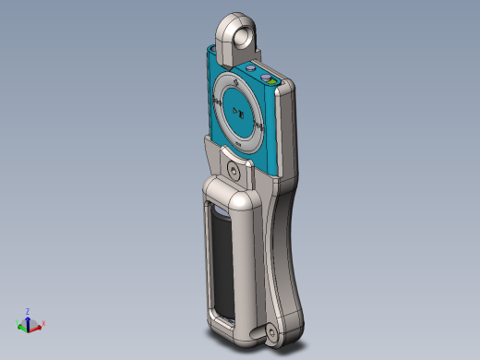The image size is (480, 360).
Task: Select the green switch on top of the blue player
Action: click(x=273, y=81)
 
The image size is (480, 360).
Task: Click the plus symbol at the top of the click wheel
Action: click(x=238, y=86)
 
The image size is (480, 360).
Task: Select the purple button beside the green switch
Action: click(x=264, y=78)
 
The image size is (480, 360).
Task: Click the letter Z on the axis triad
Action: click(x=28, y=311)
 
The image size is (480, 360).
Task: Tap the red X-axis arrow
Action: click(x=36, y=326)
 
